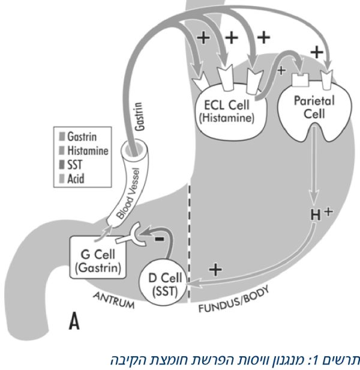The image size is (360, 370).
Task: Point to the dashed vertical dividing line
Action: (x=189, y=240)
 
